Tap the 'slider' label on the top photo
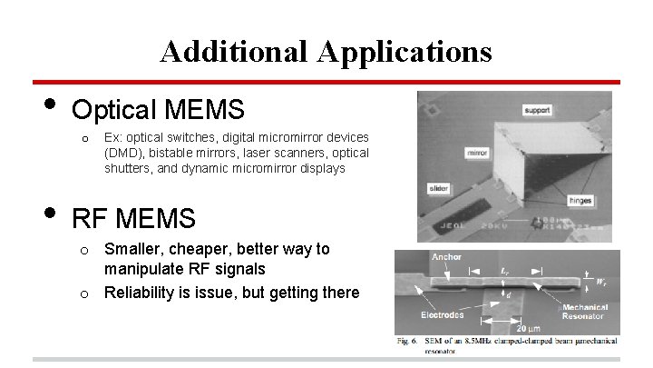[437, 189]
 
